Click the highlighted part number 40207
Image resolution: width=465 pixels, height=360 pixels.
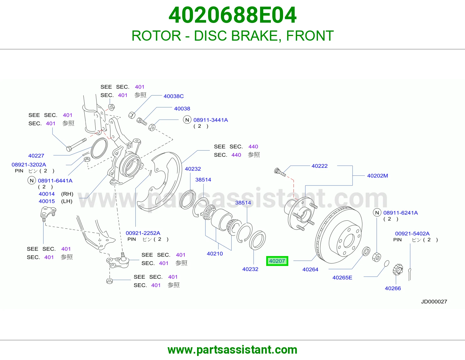277,261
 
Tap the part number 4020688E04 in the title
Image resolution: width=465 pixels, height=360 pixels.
233,15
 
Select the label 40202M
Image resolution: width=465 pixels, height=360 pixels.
378,176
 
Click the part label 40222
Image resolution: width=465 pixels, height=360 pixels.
319,166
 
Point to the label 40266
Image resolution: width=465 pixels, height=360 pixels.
393,288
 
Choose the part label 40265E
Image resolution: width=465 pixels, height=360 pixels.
342,278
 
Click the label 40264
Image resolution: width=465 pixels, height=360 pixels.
310,270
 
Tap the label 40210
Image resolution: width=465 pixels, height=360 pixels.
215,254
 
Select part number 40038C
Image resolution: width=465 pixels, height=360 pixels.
174,96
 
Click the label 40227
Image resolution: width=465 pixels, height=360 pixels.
36,156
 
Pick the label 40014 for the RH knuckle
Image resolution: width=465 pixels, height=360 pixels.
47,194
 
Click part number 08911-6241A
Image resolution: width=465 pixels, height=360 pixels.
400,213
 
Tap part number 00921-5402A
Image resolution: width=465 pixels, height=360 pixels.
412,234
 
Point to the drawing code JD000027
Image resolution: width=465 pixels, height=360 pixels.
434,302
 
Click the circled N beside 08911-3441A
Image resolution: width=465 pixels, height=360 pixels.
187,120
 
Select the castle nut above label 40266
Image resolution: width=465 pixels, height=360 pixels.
398,270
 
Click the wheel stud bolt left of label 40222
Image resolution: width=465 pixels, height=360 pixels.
280,172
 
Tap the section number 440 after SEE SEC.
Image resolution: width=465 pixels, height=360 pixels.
253,147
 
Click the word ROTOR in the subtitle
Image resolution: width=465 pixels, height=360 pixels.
156,36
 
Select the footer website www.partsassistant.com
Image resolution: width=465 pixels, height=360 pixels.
233,350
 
